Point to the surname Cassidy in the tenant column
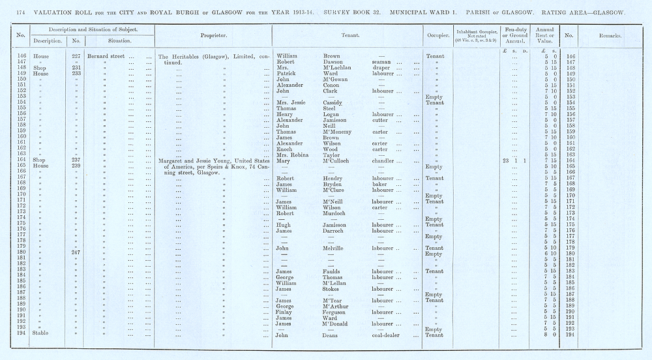(334, 103)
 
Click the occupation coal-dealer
(381, 335)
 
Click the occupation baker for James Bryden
(371, 184)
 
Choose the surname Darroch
(334, 230)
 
